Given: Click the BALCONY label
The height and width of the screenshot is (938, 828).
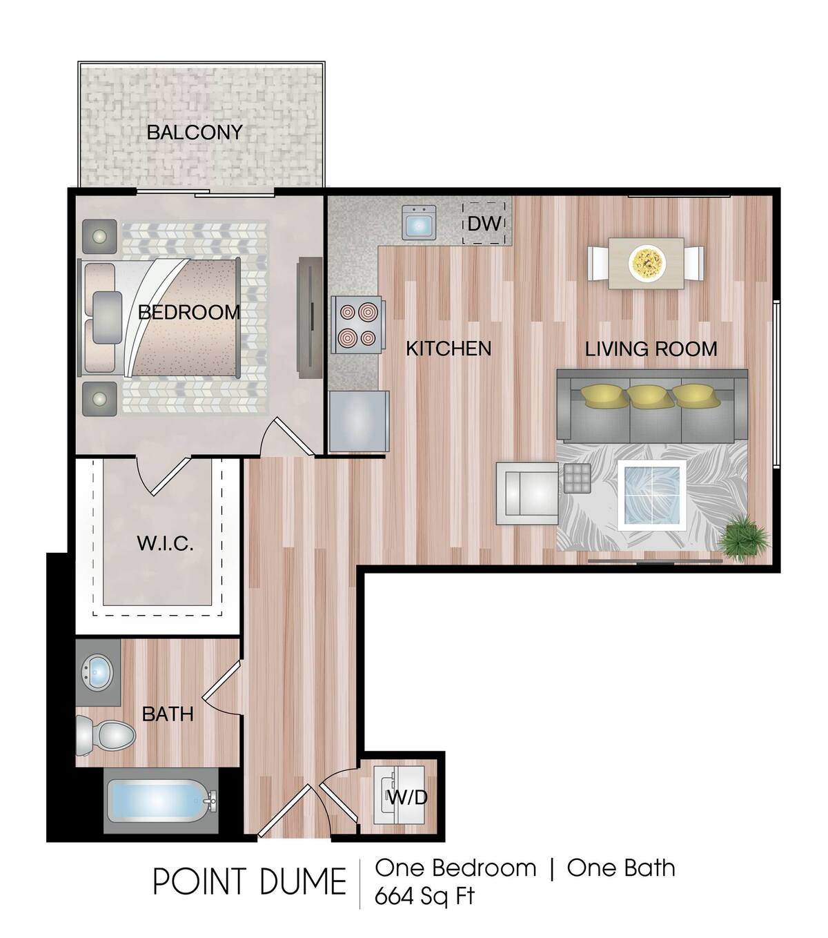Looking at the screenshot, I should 195,132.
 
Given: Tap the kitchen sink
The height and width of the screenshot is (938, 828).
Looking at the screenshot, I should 419,223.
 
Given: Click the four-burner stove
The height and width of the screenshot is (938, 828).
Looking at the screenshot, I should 357,324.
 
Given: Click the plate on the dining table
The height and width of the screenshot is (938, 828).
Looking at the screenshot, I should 647,262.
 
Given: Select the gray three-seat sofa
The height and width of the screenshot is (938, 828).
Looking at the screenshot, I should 652,406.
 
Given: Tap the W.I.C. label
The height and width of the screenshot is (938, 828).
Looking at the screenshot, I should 165,543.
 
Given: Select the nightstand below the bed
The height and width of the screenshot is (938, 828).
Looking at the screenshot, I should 100,399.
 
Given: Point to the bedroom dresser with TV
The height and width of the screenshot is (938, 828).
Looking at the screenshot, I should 308,318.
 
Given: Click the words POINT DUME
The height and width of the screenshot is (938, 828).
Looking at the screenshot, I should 249,881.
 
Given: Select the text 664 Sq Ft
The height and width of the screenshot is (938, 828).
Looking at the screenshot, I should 424,897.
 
